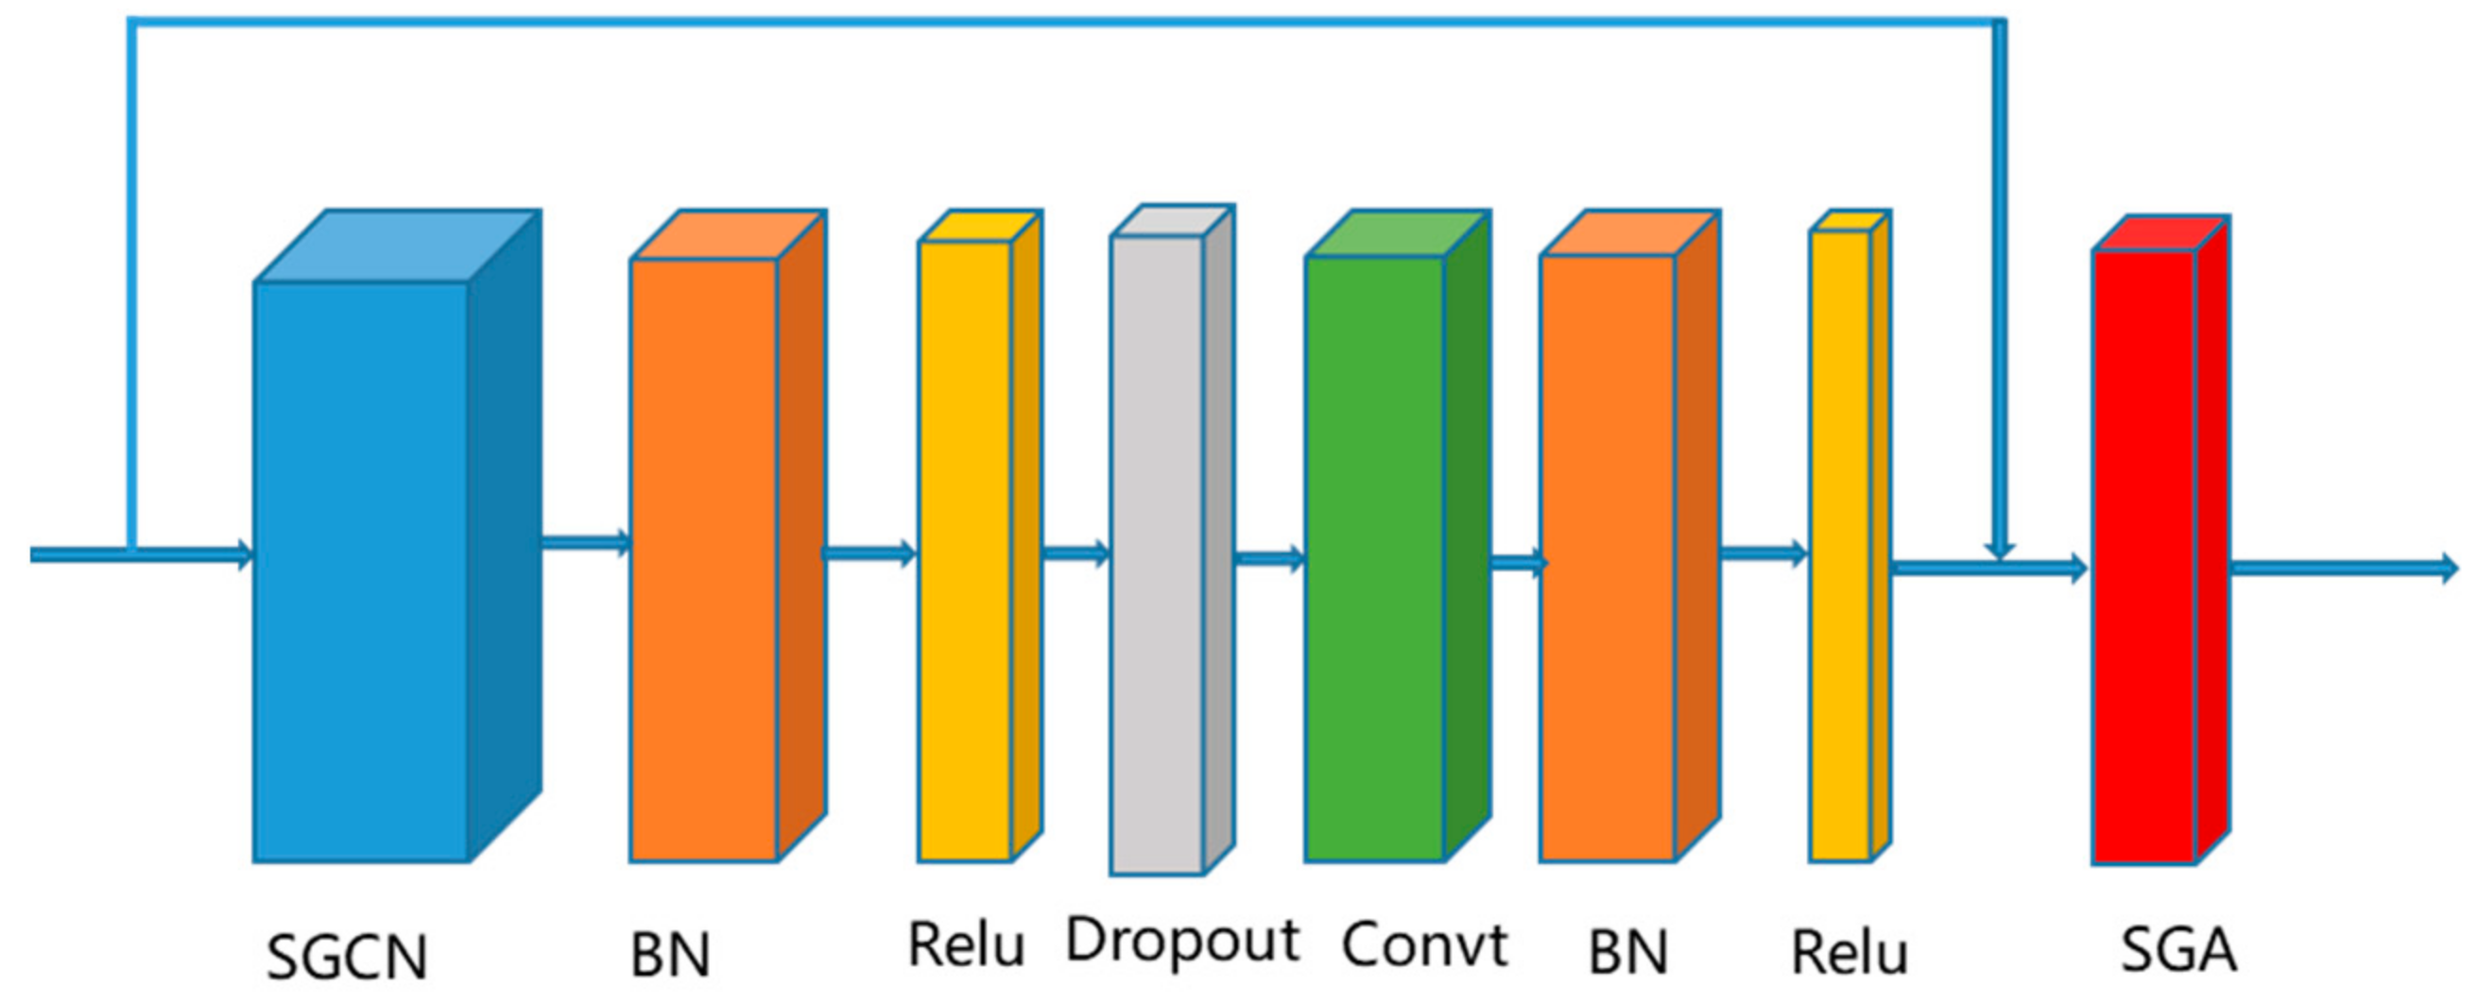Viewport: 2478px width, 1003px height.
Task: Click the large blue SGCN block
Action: pyautogui.click(x=361, y=571)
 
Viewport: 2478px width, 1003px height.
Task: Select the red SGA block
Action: pyautogui.click(x=2144, y=557)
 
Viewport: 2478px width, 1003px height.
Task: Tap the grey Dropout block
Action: pyautogui.click(x=1156, y=555)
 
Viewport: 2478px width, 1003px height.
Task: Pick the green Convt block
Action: pyautogui.click(x=1375, y=558)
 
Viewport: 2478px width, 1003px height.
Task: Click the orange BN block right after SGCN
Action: pyautogui.click(x=703, y=559)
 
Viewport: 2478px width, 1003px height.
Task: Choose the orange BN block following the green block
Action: pyautogui.click(x=1607, y=558)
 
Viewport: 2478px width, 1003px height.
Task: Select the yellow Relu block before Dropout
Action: pyautogui.click(x=964, y=550)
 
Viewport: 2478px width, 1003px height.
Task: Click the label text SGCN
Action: pyautogui.click(x=346, y=957)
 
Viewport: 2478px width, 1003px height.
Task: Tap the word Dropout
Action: pyautogui.click(x=1182, y=941)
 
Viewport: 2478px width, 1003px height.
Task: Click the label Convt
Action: pyautogui.click(x=1423, y=944)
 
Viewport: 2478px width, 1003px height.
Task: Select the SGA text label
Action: pyautogui.click(x=2177, y=949)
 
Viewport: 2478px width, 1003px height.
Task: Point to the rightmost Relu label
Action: pyautogui.click(x=1848, y=953)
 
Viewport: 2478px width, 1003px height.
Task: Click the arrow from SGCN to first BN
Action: pyautogui.click(x=585, y=542)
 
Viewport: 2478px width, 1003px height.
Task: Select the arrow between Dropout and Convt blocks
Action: pyautogui.click(x=1269, y=558)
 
